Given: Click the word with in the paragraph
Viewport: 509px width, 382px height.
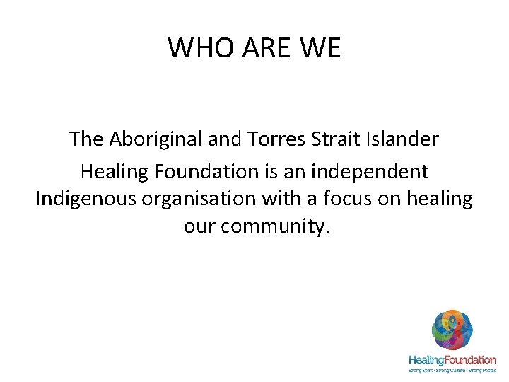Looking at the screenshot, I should click(296, 200).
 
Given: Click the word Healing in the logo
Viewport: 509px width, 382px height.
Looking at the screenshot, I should click(427, 360).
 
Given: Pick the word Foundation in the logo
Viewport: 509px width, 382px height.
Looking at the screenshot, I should click(472, 360).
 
